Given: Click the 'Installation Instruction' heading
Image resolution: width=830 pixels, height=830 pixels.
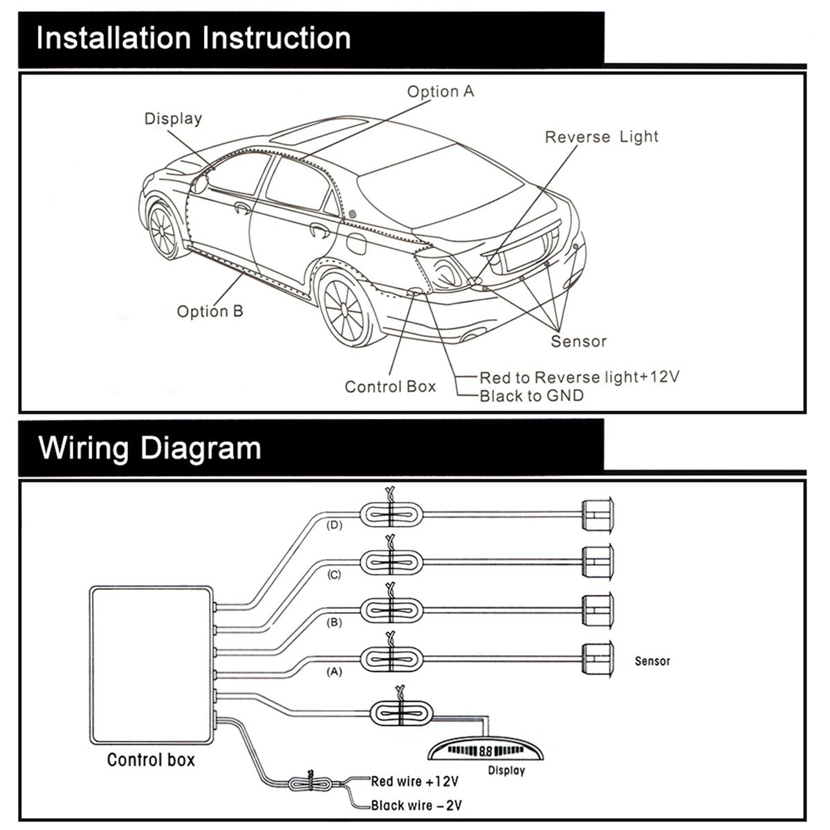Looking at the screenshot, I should point(194,38).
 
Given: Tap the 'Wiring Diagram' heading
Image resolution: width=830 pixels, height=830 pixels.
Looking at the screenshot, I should point(150,448).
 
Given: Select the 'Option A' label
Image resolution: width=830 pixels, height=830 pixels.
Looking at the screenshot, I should point(441,92).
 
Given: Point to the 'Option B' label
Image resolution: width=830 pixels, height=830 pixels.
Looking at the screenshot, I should point(210,311).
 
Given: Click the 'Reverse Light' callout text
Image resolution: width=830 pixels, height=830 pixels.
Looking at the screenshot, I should point(601,137).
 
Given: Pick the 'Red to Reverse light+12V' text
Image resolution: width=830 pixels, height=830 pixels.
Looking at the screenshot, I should point(580,377).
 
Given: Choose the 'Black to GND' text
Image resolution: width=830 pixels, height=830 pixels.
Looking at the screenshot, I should point(531,396).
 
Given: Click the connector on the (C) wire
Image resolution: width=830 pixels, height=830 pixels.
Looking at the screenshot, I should point(391,561).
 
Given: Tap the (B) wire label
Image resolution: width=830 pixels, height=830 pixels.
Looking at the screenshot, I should point(334,622).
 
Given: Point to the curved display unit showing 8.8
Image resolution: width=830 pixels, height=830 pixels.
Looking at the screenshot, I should point(484,749).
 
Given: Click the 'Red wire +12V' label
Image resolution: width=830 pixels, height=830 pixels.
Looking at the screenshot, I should point(415,782).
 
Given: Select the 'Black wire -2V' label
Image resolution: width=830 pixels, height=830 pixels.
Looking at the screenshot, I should point(416,805).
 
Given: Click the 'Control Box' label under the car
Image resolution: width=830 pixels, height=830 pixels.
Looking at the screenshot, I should point(390,387).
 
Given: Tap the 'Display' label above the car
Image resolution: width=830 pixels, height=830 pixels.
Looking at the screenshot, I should point(173,119).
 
